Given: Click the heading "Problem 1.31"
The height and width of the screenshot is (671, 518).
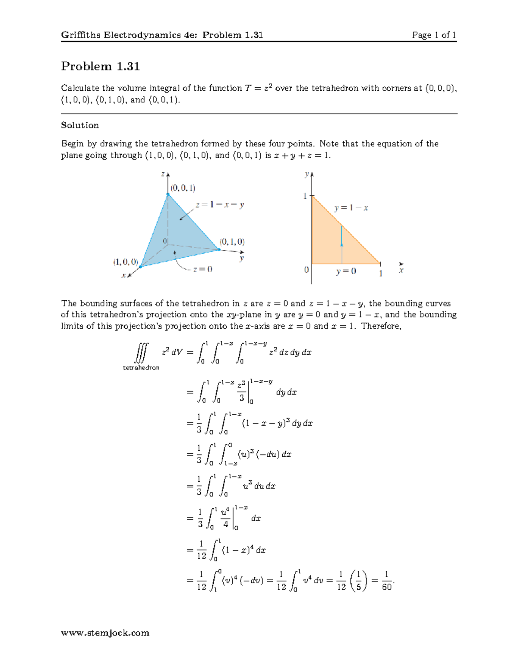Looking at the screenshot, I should pyautogui.click(x=100, y=66).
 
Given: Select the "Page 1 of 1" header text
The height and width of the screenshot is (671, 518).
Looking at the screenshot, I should pyautogui.click(x=434, y=35).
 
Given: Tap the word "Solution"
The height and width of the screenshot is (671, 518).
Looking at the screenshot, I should pyautogui.click(x=80, y=125).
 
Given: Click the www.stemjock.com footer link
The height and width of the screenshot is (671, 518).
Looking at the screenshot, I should pyautogui.click(x=105, y=633).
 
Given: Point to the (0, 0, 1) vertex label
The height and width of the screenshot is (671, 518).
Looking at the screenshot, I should pyautogui.click(x=183, y=188).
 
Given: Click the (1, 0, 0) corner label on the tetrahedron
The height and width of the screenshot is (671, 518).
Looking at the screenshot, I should pyautogui.click(x=126, y=262).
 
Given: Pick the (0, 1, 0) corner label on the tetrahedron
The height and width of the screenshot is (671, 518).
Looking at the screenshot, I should pyautogui.click(x=232, y=242).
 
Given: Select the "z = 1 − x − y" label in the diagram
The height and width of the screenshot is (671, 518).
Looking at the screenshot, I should pyautogui.click(x=220, y=205).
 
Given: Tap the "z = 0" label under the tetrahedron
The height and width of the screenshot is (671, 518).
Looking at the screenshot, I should pyautogui.click(x=202, y=269).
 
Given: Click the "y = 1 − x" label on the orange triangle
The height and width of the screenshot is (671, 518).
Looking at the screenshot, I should pyautogui.click(x=351, y=208).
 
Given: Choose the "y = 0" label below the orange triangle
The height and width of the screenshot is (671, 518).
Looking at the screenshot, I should pyautogui.click(x=346, y=271).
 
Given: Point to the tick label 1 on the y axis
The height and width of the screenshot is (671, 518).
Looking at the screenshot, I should pyautogui.click(x=305, y=196).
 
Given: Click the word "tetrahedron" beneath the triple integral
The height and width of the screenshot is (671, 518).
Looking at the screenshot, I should pyautogui.click(x=141, y=368).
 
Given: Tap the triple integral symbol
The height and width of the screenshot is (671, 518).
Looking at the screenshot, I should pyautogui.click(x=141, y=353).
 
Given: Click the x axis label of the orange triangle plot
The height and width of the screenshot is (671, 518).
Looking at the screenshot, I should pyautogui.click(x=401, y=270).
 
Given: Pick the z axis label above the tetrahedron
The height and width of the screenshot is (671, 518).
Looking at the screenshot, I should pyautogui.click(x=163, y=174).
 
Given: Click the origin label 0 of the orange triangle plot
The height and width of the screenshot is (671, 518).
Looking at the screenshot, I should pyautogui.click(x=306, y=270).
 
